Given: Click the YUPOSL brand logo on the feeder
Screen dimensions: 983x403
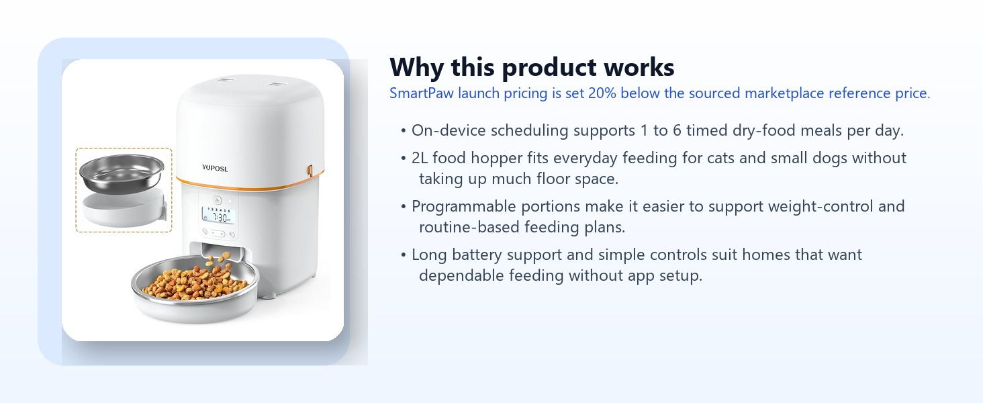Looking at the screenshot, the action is (215, 168).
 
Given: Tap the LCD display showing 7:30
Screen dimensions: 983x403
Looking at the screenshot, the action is (218, 215).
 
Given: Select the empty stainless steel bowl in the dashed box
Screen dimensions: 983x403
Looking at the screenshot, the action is (122, 173).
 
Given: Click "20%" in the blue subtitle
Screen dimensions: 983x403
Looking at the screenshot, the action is (602, 93).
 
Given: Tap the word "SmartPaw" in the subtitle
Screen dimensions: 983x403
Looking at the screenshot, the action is (421, 93).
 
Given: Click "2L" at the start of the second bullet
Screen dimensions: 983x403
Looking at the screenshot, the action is (420, 158).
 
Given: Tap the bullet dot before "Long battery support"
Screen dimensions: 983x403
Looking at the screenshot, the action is (404, 255).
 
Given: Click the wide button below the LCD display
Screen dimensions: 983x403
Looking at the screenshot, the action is (218, 234).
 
